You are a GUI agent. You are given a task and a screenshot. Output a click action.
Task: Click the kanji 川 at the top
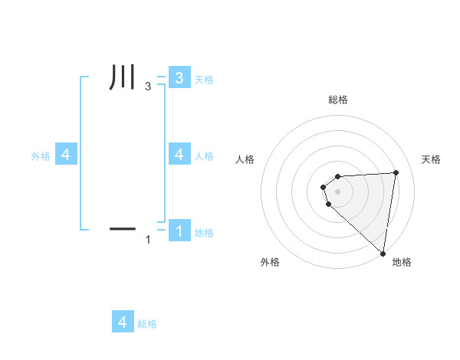123,79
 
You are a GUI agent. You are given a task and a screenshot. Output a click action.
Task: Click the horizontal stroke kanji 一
123,228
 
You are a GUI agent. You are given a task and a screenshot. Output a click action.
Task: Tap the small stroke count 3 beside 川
148,88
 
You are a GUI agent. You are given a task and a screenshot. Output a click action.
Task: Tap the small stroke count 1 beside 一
148,240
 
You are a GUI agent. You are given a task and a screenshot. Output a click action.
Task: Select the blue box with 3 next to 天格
179,77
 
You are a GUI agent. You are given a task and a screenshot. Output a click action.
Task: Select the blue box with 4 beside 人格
179,155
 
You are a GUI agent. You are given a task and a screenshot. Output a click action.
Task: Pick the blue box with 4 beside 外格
65,155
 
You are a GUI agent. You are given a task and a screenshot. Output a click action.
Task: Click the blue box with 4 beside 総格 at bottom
123,322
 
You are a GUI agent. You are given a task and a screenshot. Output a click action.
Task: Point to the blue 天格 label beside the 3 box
204,80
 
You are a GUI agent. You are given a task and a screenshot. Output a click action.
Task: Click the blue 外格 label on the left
41,156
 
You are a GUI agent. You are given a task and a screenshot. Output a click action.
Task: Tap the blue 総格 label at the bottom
147,324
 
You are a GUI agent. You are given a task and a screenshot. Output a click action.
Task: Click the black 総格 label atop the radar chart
338,100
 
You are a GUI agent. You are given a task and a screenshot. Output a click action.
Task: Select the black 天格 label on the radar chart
432,159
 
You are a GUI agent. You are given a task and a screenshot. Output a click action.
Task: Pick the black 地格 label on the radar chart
402,263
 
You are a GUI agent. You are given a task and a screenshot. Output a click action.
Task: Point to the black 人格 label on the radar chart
245,159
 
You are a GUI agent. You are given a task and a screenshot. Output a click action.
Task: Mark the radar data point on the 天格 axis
396,172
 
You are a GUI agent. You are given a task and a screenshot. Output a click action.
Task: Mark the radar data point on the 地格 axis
383,253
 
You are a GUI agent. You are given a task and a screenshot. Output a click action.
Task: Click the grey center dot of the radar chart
338,191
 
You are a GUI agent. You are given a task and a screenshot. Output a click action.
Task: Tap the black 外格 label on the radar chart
270,263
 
